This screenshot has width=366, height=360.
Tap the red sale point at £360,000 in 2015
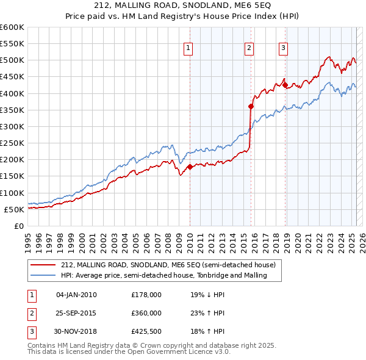click(251, 106)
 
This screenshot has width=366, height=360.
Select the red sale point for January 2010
click(190, 167)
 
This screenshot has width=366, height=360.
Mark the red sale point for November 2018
click(285, 85)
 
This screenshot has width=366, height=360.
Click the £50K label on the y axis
click(14, 209)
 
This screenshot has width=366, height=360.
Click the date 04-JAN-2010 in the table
click(76, 295)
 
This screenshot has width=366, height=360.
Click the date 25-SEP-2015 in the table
click(76, 313)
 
